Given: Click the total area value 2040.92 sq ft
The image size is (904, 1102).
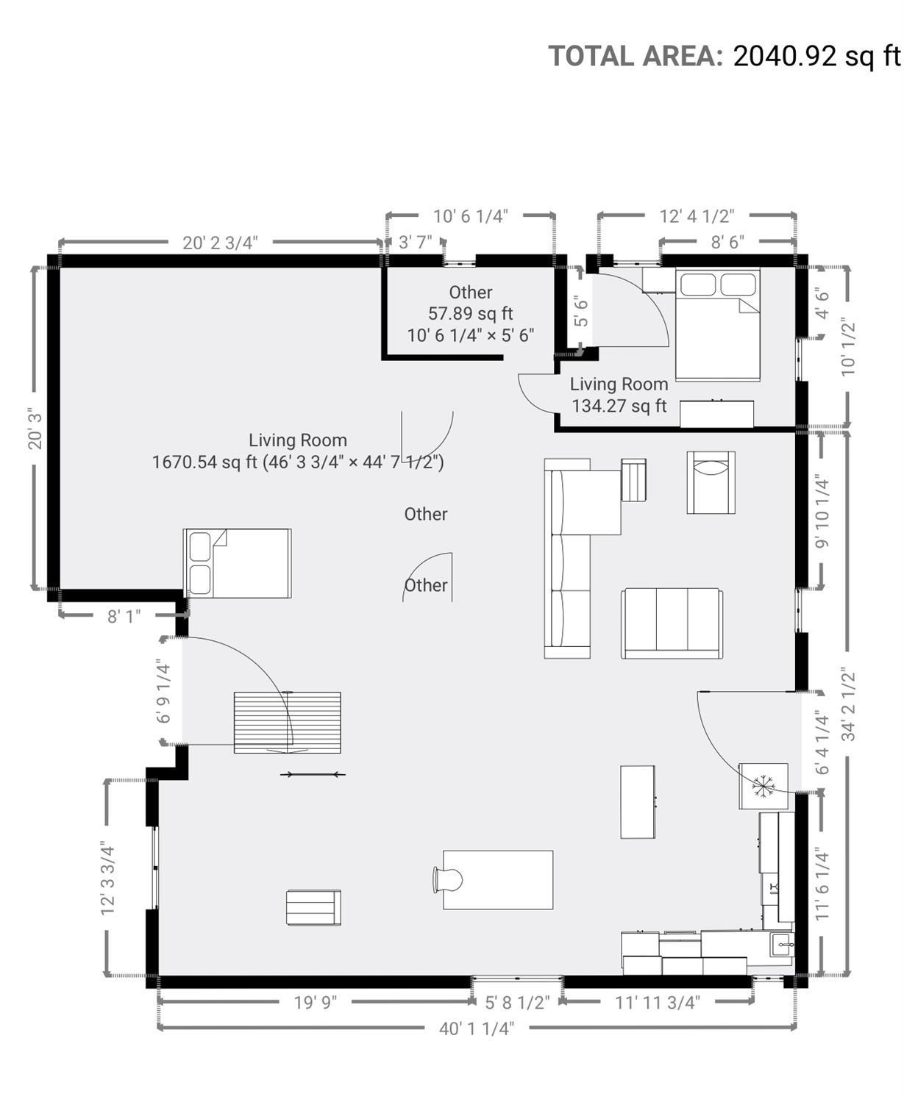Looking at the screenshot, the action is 817,56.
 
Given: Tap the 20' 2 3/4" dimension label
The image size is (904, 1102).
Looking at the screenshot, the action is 220,243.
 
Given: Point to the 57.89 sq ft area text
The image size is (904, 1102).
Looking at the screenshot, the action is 471,313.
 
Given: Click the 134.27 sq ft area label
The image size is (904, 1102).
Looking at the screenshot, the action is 619,406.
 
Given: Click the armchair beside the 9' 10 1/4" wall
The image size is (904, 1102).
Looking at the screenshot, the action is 711,482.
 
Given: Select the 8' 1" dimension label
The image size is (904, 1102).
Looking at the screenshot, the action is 124,617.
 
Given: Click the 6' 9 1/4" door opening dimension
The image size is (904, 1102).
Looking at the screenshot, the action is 163,693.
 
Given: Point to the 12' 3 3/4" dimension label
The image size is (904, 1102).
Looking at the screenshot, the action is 107,878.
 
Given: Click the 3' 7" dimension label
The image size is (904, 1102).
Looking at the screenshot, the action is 416,243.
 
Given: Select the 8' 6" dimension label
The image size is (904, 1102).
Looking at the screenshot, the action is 727,243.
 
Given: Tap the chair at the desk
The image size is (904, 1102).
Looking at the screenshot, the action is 448,879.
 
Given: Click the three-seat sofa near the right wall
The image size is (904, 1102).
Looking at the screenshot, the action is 672,623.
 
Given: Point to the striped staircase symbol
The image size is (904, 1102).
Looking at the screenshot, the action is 287,723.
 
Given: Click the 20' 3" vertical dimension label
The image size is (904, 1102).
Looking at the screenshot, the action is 35,429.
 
